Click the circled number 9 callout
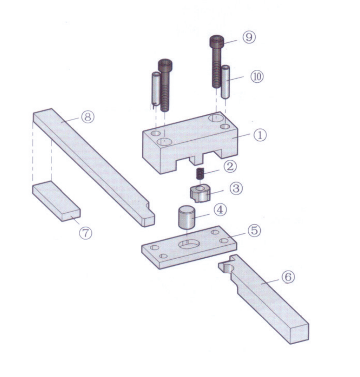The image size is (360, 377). (249, 37)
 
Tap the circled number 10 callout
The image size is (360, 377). (257, 77)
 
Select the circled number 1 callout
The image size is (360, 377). (260, 135)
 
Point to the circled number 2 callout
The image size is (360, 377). (230, 167)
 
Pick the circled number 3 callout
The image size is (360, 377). (236, 188)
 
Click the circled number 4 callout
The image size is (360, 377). (220, 210)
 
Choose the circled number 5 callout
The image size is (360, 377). (254, 231)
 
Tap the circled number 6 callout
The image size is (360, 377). (288, 277)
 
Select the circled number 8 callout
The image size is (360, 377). (87, 117)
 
